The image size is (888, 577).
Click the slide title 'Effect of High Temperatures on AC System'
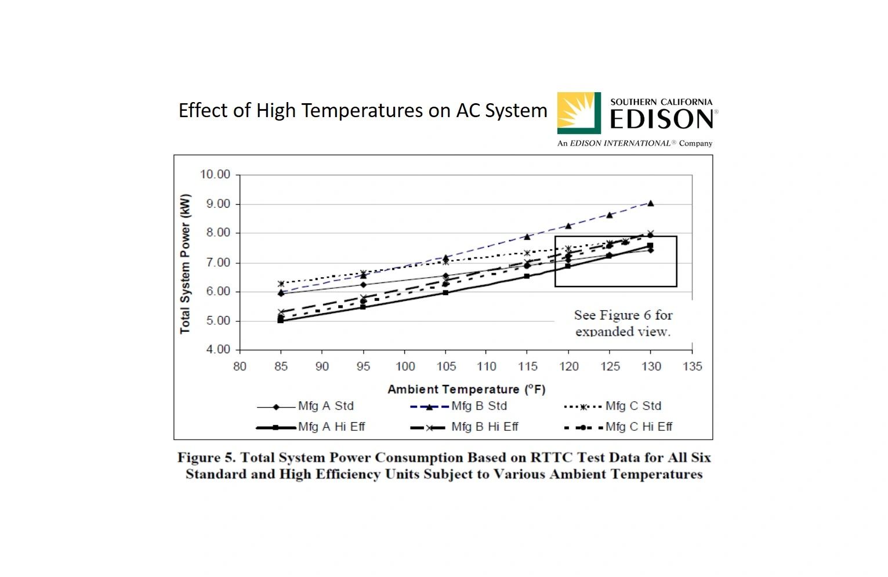coord(363,110)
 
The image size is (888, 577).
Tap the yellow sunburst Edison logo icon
coord(578,113)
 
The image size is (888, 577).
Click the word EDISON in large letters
coord(662,119)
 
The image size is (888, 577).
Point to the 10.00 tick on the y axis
coord(215,175)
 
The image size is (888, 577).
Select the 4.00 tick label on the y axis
coord(215,350)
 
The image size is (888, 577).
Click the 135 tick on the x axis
coord(692,366)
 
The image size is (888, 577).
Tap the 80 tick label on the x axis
coord(240,366)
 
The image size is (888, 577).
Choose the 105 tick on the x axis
coord(445,366)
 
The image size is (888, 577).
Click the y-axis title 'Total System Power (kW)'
coord(185,264)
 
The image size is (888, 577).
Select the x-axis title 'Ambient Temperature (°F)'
coord(466,389)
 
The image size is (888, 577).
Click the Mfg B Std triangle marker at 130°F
coord(651,203)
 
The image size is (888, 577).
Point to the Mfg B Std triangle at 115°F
coord(527,237)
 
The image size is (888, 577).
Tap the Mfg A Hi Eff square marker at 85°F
coord(281,320)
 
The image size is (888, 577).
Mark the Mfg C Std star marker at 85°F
coord(281,284)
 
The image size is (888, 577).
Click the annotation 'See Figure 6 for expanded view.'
coord(623,323)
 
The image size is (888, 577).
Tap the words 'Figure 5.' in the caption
coord(206,458)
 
